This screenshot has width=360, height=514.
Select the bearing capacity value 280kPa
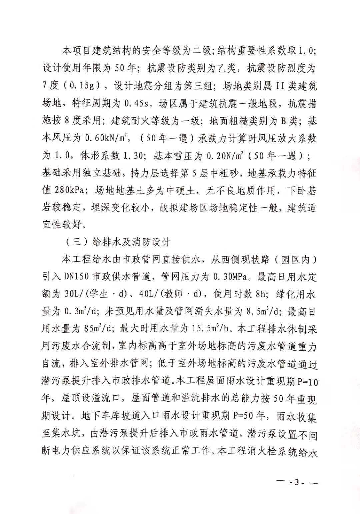point(70,191)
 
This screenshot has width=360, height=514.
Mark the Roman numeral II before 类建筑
point(280,86)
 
